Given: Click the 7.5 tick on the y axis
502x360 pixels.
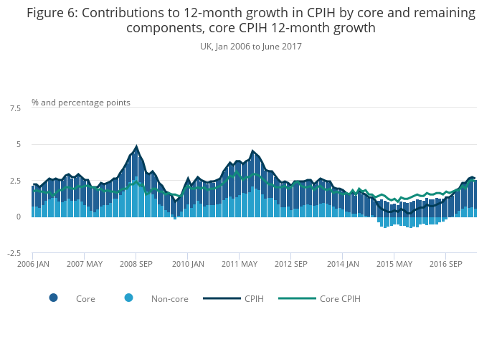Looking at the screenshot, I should pos(15,108).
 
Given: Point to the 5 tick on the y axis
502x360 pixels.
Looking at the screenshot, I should pos(18,144).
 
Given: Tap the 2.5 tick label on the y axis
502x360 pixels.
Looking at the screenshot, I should pos(15,181).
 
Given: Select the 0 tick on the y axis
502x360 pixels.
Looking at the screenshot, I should pos(18,217).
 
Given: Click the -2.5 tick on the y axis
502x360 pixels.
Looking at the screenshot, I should pos(14,253).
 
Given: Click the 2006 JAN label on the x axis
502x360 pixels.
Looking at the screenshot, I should pos(32,264).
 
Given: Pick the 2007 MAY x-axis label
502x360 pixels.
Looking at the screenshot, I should pos(84,264).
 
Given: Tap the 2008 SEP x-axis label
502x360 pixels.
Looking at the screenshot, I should pos(136,264).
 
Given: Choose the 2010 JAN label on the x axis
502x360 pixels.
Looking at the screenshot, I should pos(187,264).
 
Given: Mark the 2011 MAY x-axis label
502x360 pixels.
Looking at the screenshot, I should pos(239,264).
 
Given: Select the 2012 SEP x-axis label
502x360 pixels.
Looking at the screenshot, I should pos(290,264).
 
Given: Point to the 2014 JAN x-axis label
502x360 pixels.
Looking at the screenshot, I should pos(342,264).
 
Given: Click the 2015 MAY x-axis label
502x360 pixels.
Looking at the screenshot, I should pos(394,264).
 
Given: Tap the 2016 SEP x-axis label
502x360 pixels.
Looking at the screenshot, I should pos(445,264).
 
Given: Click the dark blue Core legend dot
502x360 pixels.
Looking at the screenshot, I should pos(54,298).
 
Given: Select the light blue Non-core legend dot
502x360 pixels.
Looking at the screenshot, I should pos(128,298).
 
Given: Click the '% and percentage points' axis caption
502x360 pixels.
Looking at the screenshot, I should pos(81,103).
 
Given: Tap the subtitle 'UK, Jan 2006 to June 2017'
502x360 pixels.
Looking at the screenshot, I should pos(251,47).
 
